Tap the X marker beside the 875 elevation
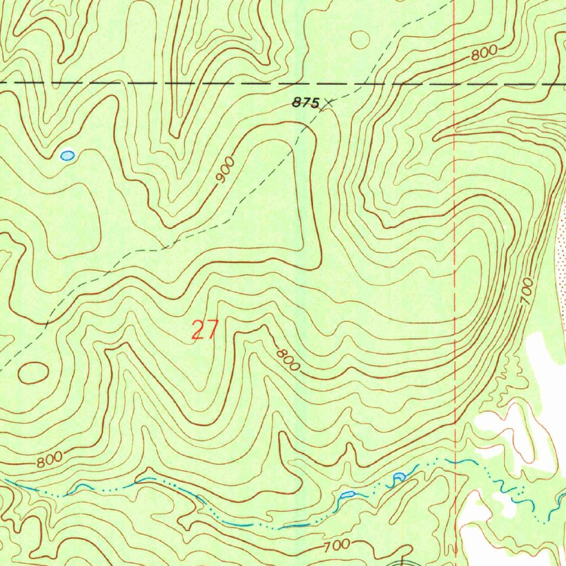click(x=329, y=102)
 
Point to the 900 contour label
click(x=226, y=171)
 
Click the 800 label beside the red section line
click(x=485, y=53)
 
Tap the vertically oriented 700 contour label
click(x=527, y=291)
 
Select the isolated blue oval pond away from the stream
click(x=67, y=155)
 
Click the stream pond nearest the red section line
click(x=398, y=476)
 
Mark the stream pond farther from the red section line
click(x=347, y=494)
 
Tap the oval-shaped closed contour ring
click(x=33, y=373)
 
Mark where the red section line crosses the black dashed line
click(x=454, y=85)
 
